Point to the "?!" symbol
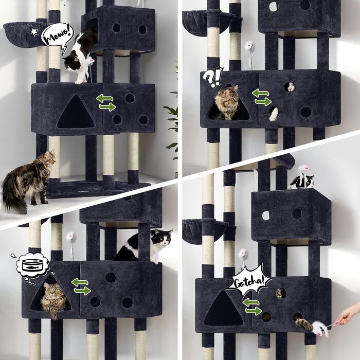213,77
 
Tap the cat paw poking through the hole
274,114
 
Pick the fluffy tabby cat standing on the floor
29,182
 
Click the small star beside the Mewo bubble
34,32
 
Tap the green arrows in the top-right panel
262,97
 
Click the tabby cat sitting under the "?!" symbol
226,103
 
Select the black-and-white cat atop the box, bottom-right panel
302,182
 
